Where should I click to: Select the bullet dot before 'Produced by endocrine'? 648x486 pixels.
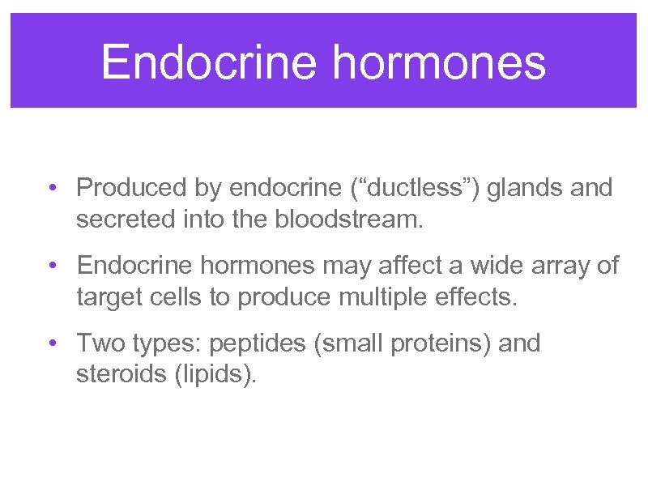[x=51, y=189]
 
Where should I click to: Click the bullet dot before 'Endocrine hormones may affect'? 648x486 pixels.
[x=51, y=266]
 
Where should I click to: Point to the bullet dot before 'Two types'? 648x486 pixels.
[x=51, y=343]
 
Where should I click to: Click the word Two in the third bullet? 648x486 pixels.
[x=96, y=343]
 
